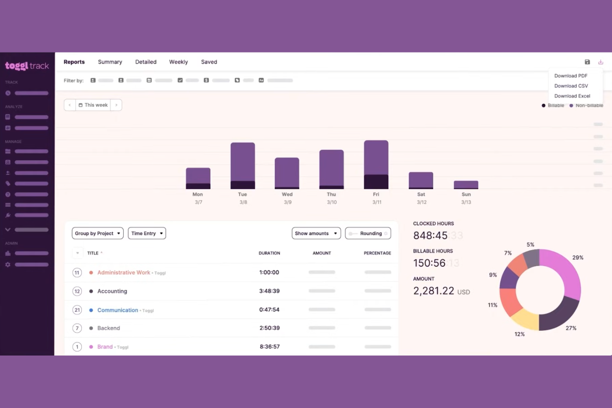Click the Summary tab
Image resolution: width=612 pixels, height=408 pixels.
110,62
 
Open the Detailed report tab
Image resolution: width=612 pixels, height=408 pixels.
146,62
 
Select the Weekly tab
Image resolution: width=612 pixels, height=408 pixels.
178,62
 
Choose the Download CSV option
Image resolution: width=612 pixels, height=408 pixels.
571,86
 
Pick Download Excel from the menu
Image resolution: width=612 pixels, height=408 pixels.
572,96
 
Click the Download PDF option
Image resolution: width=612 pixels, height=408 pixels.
571,76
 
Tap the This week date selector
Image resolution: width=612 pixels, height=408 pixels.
93,105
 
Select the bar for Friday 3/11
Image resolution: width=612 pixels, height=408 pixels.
376,165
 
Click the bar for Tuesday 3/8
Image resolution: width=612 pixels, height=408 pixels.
243,165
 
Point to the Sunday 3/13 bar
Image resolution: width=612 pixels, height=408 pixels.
466,185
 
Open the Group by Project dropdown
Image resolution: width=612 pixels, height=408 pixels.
98,234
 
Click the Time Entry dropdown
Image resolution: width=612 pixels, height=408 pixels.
147,234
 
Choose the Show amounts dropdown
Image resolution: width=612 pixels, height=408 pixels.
316,234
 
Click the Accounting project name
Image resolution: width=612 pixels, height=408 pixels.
112,291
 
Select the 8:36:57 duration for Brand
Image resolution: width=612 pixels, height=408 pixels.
270,347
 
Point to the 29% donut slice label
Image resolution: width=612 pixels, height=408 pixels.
578,258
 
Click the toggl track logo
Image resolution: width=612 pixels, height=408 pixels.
27,66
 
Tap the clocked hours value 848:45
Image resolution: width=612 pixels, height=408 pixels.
430,236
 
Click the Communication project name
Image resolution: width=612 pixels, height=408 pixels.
117,310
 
